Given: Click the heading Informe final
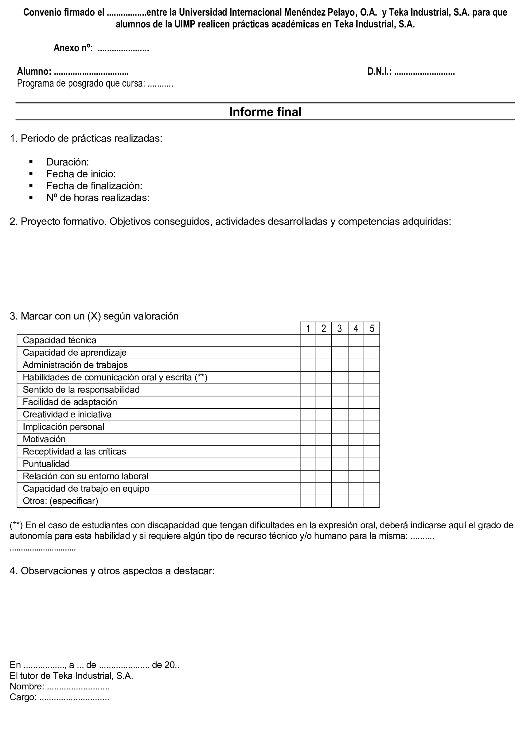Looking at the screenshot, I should (x=265, y=112).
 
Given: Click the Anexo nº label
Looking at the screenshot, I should (x=73, y=48).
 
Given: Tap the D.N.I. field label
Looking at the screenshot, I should (x=379, y=72).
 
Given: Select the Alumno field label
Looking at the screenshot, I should (x=34, y=72).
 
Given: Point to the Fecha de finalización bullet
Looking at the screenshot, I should (x=94, y=186).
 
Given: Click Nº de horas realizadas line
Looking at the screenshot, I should (x=98, y=198).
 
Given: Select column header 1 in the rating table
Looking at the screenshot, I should (x=308, y=328).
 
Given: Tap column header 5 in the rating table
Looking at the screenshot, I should (x=372, y=328).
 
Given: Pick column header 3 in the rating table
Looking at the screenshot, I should (x=340, y=328).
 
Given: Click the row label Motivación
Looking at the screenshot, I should (x=44, y=439).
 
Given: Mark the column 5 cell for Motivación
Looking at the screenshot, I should (x=372, y=440).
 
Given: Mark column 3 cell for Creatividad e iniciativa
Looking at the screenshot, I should (x=340, y=415).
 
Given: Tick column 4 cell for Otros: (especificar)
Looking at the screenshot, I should (x=356, y=501).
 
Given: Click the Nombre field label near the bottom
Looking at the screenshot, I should (x=27, y=687).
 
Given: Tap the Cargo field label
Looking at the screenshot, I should (x=23, y=697).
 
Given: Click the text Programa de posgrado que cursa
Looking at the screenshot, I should (x=81, y=83).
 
